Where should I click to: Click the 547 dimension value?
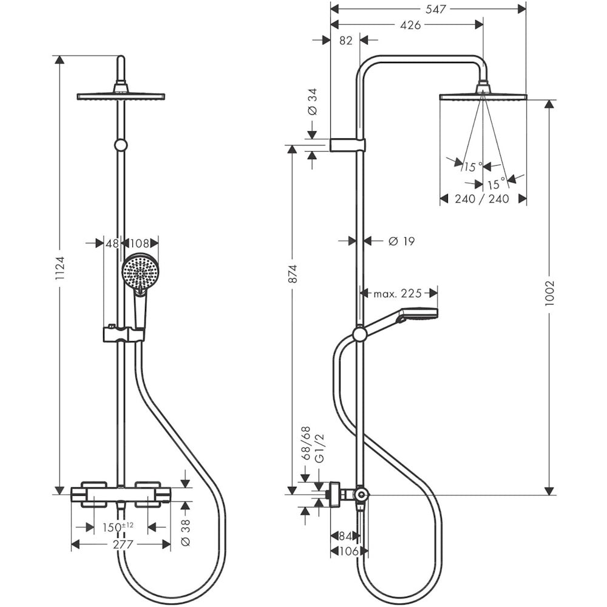435,8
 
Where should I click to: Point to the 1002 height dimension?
550,293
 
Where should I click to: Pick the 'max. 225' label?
397,293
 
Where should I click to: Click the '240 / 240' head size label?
481,198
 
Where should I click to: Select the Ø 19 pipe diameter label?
401,241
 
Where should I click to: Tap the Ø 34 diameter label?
313,101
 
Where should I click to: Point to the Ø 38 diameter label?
186,533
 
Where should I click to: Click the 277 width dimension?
123,544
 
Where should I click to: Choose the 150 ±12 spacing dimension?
118,526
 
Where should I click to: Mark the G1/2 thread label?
320,449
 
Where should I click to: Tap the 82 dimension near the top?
346,40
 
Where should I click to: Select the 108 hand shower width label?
140,243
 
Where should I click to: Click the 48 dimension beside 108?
112,243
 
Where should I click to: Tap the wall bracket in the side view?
347,144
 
